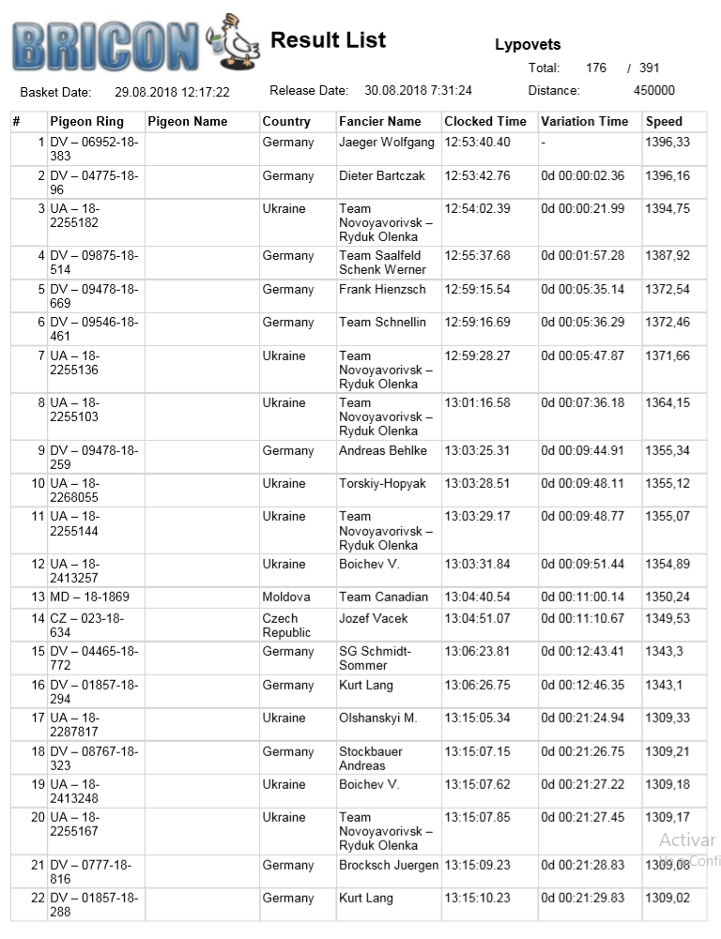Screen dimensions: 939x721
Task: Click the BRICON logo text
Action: coord(105,45)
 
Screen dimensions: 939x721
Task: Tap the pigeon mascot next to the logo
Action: coord(235,42)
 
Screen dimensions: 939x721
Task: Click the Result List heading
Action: coord(328,40)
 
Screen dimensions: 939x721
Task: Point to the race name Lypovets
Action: coord(528,44)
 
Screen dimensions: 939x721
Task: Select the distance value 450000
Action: coord(654,91)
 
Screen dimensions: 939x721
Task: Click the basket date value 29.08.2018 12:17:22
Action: coord(172,92)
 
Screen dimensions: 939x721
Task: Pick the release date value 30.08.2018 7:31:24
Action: coord(418,91)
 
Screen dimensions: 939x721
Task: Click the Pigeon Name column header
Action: coord(188,121)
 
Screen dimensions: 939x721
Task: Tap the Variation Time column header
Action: coord(584,121)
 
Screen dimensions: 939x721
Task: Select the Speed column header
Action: coord(664,121)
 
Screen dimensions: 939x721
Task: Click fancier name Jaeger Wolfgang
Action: coord(386,142)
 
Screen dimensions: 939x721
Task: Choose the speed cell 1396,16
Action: coord(667,175)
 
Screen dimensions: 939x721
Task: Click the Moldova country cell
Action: coord(285,597)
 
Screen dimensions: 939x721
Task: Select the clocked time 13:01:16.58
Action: coord(477,402)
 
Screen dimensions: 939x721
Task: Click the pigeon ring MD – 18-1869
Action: coord(89,597)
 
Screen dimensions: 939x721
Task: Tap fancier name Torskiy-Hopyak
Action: coord(382,483)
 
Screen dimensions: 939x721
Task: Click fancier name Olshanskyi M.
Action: coord(377,718)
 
